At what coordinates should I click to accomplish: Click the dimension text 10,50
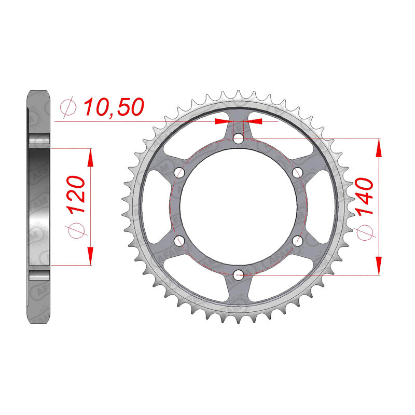(x=114, y=107)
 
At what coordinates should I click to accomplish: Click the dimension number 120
(x=76, y=194)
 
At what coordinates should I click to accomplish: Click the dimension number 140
(x=364, y=196)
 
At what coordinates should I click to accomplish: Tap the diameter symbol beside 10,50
(x=68, y=107)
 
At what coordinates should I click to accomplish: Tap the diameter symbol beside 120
(x=76, y=230)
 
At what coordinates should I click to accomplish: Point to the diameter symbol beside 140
(x=365, y=232)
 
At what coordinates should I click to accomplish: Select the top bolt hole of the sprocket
(x=239, y=138)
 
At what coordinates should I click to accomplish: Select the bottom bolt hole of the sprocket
(x=239, y=275)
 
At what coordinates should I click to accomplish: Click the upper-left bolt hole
(x=179, y=173)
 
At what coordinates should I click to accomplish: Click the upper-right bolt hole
(x=297, y=173)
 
